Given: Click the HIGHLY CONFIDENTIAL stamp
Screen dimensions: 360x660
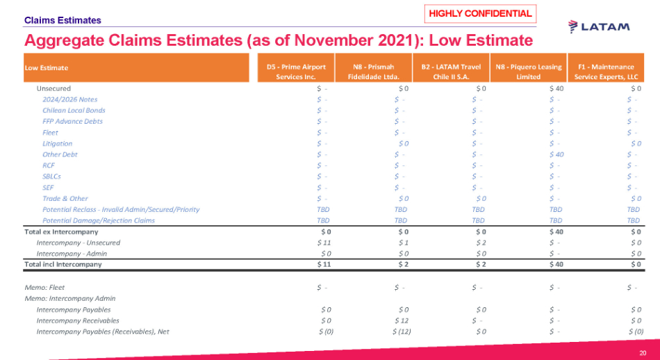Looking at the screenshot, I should tap(480, 13).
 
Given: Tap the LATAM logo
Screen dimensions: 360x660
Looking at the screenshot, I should tap(599, 26).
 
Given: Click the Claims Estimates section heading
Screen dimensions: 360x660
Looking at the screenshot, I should tap(63, 21).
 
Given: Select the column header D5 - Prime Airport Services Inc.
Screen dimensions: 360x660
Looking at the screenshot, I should tap(296, 71).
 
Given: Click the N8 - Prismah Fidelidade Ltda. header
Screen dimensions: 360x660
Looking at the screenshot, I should tap(373, 71).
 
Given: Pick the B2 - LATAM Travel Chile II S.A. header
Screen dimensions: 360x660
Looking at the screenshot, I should tap(451, 71).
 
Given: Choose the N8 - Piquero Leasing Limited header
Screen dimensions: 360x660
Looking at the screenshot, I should tap(529, 71).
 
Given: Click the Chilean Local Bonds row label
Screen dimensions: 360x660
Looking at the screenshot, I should tap(74, 111).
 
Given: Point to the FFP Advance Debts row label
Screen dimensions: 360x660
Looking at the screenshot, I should tap(72, 121).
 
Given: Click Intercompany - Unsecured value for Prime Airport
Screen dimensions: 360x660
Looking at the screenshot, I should tap(323, 243).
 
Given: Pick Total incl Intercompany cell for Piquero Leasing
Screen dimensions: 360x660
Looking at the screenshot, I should tap(556, 264).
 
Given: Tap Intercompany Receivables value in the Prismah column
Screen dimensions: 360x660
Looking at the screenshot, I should tap(400, 320).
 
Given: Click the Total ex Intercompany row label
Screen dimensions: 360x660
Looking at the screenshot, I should tap(61, 231).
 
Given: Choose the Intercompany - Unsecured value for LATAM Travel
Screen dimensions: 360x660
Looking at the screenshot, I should tap(479, 243).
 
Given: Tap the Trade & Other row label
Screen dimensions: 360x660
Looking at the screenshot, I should tap(65, 198).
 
